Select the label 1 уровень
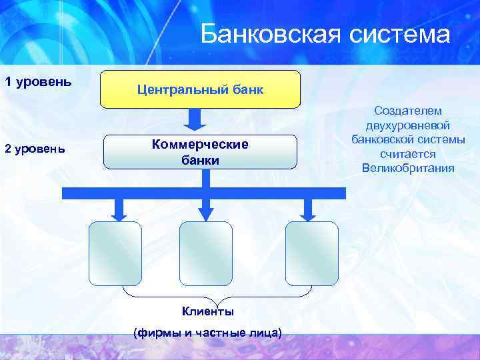point(38,83)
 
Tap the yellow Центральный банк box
point(200,89)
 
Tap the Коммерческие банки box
point(200,152)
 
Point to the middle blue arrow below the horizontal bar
point(205,210)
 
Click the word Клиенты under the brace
point(207,311)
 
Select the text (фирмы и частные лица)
point(207,332)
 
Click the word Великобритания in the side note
point(408,167)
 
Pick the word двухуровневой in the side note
point(408,125)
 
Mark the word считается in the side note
point(408,153)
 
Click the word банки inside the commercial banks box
point(200,161)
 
